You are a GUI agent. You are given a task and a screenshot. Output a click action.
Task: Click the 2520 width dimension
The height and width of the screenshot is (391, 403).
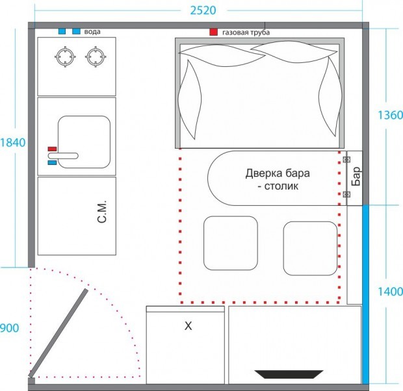coord(203,10)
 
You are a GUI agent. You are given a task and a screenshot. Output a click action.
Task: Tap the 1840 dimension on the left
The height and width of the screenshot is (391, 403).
coord(13,143)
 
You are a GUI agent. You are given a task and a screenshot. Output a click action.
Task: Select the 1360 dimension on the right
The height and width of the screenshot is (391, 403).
coord(390,115)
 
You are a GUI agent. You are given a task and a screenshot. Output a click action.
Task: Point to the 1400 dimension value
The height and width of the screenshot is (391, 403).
coord(390,292)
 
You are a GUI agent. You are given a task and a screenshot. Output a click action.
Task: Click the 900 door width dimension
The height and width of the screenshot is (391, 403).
coord(9,328)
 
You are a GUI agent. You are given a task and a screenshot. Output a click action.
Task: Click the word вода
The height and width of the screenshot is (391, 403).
coord(92,32)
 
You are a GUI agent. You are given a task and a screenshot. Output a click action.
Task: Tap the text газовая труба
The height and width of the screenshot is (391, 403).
coord(246,32)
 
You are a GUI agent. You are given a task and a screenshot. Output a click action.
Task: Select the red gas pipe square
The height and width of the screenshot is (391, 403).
coord(213,32)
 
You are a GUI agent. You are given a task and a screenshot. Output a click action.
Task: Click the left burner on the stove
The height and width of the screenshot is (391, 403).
coord(65,57)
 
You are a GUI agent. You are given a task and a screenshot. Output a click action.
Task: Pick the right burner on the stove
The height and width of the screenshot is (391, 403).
coord(96,57)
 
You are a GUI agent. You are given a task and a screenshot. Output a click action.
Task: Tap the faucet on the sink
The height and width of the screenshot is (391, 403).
coord(63,156)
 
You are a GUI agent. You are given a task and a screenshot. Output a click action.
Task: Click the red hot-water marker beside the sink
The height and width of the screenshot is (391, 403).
coord(52,149)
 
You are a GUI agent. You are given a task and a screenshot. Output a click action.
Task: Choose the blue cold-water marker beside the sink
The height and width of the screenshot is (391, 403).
coord(52,162)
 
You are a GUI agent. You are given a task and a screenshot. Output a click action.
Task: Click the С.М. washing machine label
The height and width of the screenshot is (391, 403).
coord(102,212)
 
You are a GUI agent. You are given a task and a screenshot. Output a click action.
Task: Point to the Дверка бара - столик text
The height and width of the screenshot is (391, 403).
coord(278,179)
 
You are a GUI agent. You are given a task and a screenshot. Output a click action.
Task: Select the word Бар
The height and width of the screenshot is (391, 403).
coord(356,176)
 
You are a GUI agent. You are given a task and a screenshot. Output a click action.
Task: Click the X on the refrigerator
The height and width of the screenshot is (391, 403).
coord(188,326)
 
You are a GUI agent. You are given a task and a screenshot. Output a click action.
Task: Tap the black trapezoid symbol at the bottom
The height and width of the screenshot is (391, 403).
coord(289,374)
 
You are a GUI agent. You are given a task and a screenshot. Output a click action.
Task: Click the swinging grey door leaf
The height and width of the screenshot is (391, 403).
coord(58,333)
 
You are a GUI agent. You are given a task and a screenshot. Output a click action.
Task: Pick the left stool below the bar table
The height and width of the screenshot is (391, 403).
coord(231,243)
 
